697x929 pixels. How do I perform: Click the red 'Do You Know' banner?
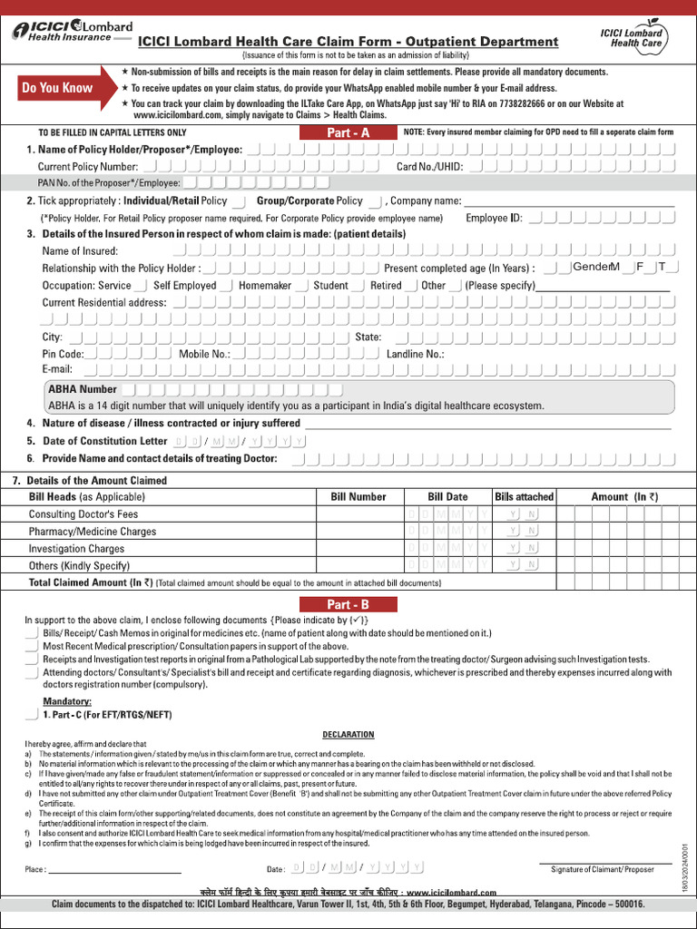click(58, 88)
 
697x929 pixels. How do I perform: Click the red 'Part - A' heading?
click(348, 132)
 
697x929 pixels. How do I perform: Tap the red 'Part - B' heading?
click(348, 604)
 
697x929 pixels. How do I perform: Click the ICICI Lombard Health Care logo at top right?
click(632, 37)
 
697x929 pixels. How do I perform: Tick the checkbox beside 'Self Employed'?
click(226, 285)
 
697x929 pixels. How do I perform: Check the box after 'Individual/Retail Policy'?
click(239, 200)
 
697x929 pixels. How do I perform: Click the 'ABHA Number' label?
click(83, 389)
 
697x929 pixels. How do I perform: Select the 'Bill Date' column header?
click(447, 496)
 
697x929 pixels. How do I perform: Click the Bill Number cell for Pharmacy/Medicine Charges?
click(358, 532)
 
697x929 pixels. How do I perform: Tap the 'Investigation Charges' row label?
click(76, 549)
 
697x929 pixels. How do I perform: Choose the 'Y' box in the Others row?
click(513, 565)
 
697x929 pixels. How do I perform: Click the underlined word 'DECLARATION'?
click(348, 734)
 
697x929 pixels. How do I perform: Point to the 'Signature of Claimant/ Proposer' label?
click(602, 869)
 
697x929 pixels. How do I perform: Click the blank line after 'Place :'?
click(114, 870)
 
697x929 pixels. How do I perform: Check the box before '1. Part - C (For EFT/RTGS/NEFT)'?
click(34, 715)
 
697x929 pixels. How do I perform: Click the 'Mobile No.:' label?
click(204, 354)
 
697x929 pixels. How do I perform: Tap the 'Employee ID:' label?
click(494, 218)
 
